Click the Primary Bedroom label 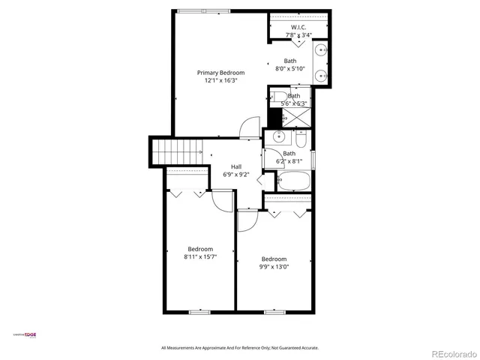[x=220, y=73]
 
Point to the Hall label [x=236, y=166]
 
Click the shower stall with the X [x=295, y=117]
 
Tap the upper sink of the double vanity [x=321, y=51]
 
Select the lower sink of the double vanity [x=321, y=75]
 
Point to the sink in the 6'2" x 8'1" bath [x=277, y=137]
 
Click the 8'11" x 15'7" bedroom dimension [x=200, y=257]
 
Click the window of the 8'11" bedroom [x=199, y=311]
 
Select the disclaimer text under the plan [x=240, y=348]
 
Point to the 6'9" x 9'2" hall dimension [x=236, y=175]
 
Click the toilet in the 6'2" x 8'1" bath [x=300, y=140]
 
